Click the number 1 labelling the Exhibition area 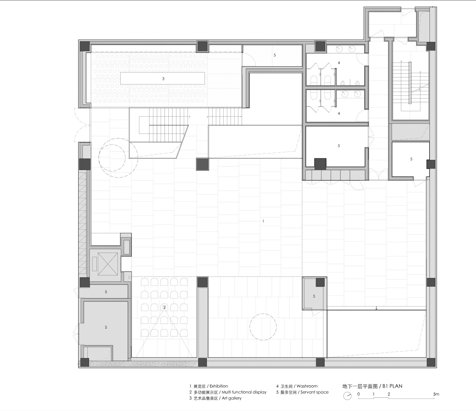[263, 221]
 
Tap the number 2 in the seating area [164, 307]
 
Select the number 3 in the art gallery [163, 79]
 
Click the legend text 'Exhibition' [219, 386]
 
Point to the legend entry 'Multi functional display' [244, 392]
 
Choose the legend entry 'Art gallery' [232, 398]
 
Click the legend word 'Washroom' [307, 386]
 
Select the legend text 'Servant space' [314, 392]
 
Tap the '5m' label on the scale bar [436, 394]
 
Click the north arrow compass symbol [347, 396]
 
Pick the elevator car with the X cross [108, 264]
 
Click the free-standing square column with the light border [202, 164]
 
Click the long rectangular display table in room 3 [163, 78]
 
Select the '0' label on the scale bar [358, 394]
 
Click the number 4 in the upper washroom [339, 63]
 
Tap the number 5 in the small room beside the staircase [411, 159]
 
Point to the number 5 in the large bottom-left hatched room [106, 327]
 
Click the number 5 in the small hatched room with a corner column [314, 296]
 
